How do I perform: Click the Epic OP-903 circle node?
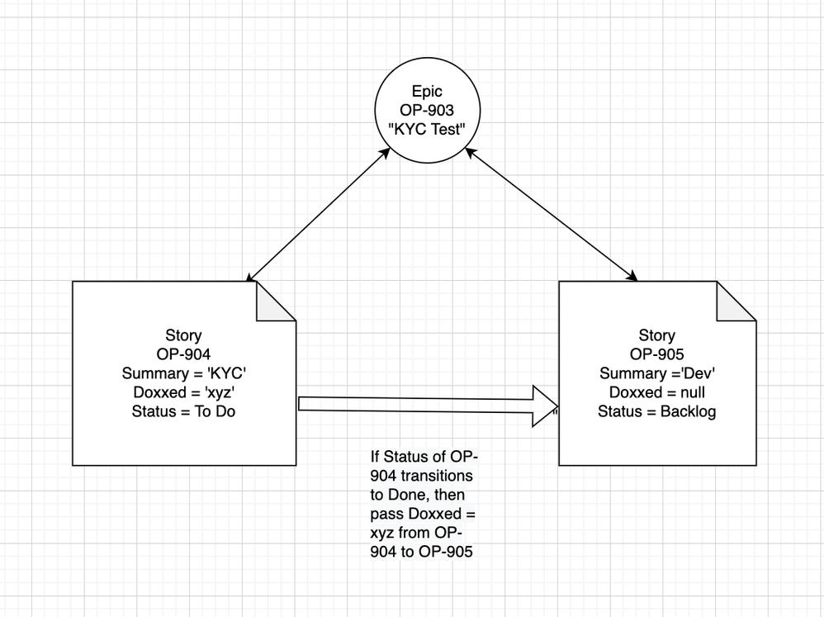point(428,114)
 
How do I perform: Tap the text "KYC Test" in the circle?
point(428,130)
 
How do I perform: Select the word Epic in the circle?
point(428,93)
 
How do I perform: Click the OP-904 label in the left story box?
point(184,354)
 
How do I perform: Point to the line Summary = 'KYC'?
point(184,373)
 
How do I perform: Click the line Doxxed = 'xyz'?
point(184,392)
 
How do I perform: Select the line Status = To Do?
point(184,411)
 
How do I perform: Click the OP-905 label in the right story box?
point(657,354)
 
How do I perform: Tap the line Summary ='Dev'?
point(657,373)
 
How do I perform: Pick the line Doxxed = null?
point(657,392)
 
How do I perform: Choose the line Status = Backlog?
point(657,411)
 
